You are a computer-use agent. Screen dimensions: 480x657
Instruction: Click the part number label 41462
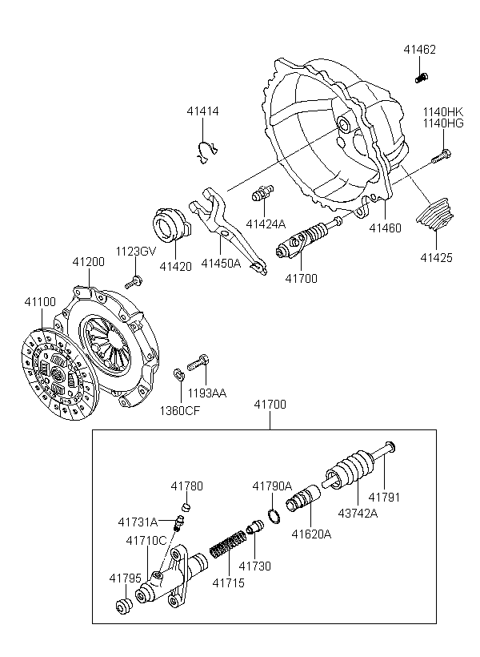(419, 50)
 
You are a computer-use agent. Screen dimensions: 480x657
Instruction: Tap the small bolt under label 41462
(422, 78)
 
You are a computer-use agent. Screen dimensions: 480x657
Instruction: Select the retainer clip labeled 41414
(207, 151)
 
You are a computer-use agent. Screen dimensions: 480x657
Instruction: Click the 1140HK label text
(442, 112)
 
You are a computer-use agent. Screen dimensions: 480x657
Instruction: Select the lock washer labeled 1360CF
(178, 373)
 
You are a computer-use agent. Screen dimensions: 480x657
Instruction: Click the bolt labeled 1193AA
(198, 362)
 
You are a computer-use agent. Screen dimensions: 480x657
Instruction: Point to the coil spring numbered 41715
(228, 544)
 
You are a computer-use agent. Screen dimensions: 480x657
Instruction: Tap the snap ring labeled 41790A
(274, 515)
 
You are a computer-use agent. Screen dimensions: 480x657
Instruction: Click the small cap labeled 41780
(186, 507)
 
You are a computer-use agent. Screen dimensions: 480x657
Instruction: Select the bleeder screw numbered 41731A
(179, 523)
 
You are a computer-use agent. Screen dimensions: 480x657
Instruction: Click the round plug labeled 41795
(123, 607)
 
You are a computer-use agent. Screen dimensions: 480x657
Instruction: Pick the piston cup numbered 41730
(254, 526)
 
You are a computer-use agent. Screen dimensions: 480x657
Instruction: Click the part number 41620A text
(311, 534)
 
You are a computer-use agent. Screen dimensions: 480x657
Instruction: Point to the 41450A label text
(221, 263)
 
